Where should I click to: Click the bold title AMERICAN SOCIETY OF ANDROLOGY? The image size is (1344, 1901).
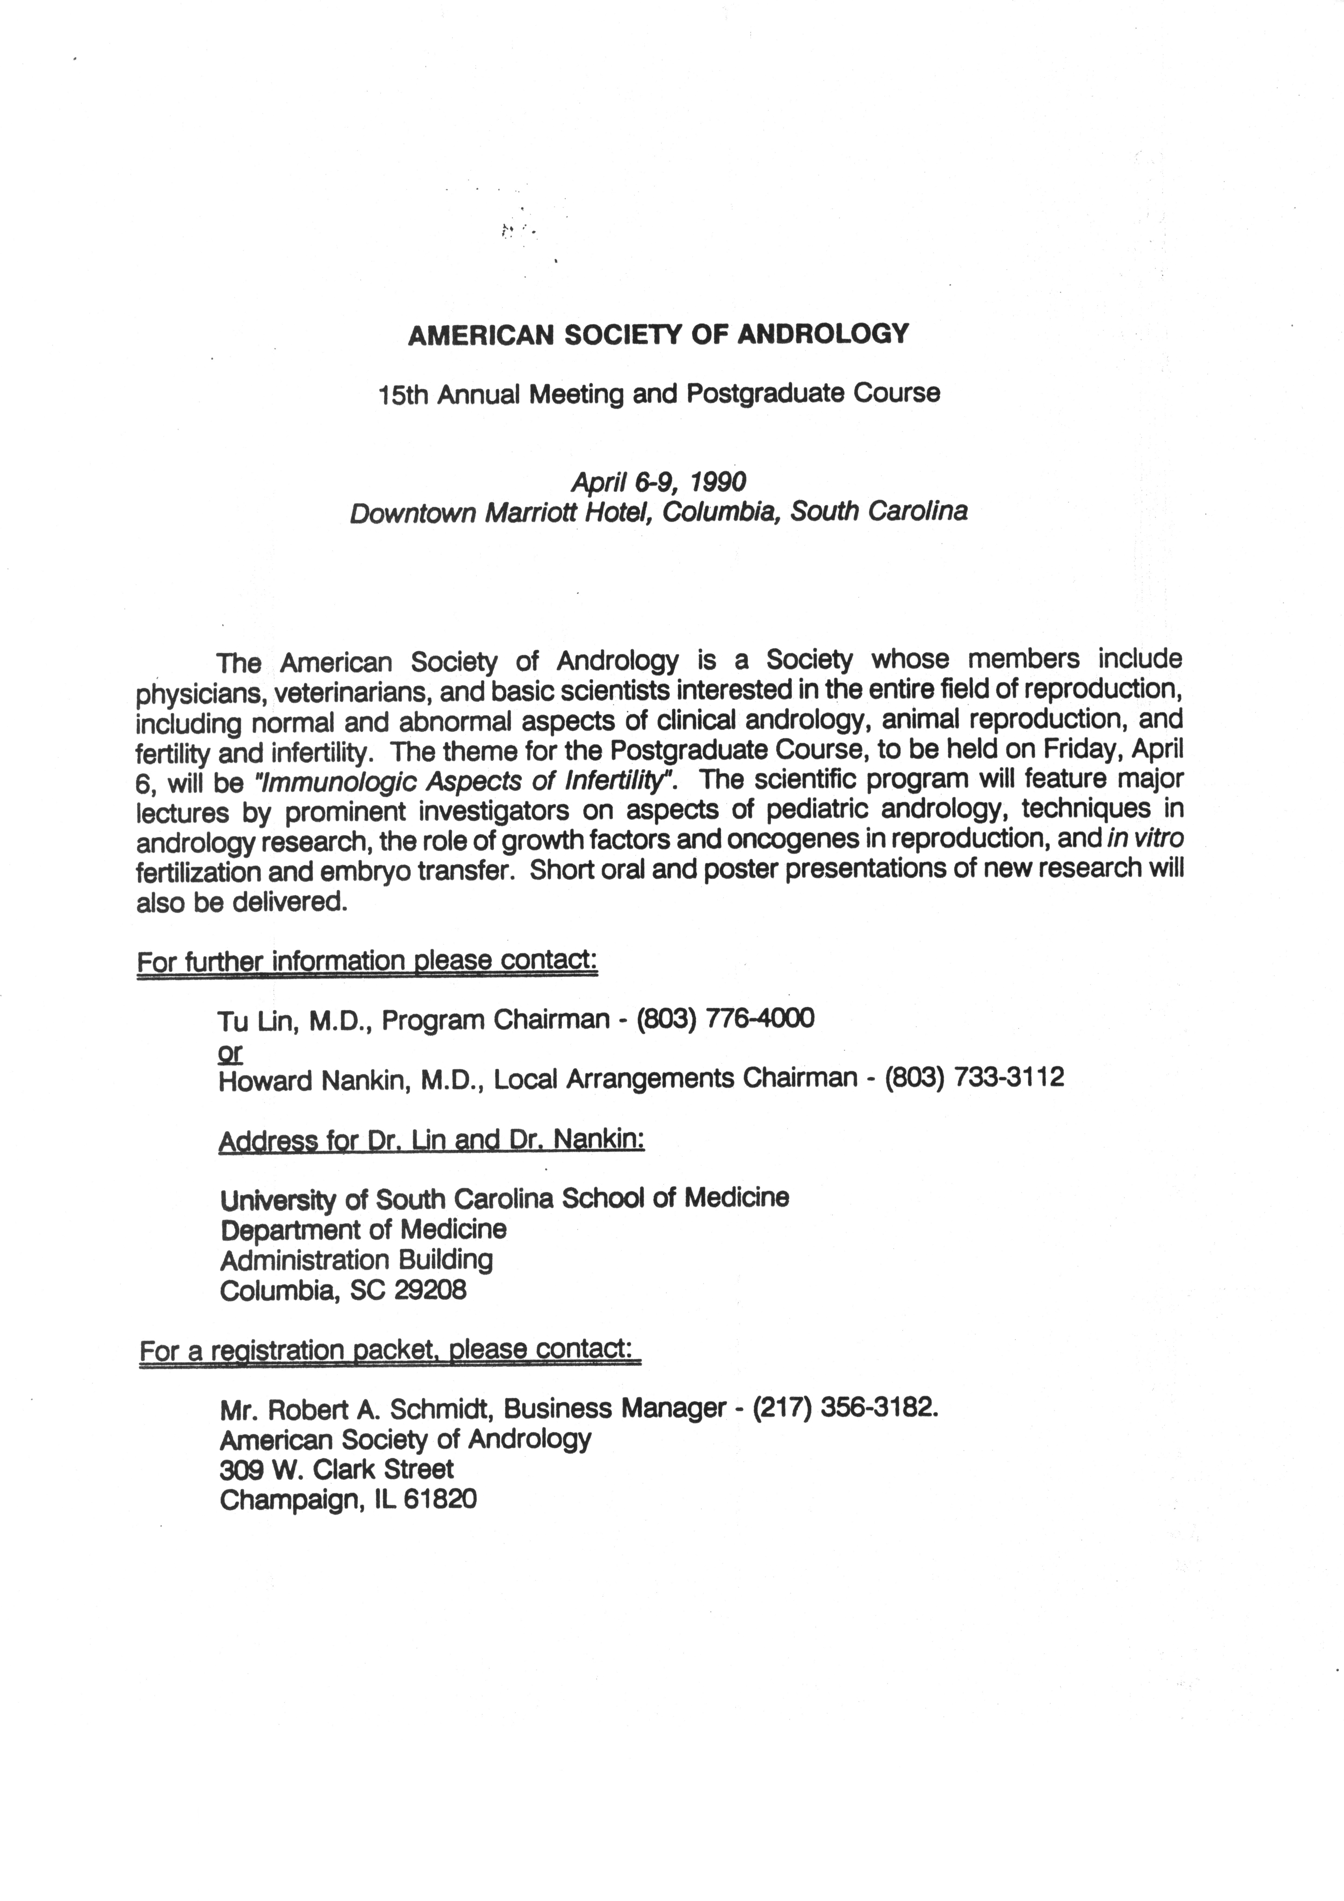(x=658, y=334)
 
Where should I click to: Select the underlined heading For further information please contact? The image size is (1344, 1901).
(x=367, y=962)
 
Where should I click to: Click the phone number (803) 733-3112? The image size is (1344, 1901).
(x=974, y=1077)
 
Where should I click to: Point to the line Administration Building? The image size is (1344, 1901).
(x=356, y=1260)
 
